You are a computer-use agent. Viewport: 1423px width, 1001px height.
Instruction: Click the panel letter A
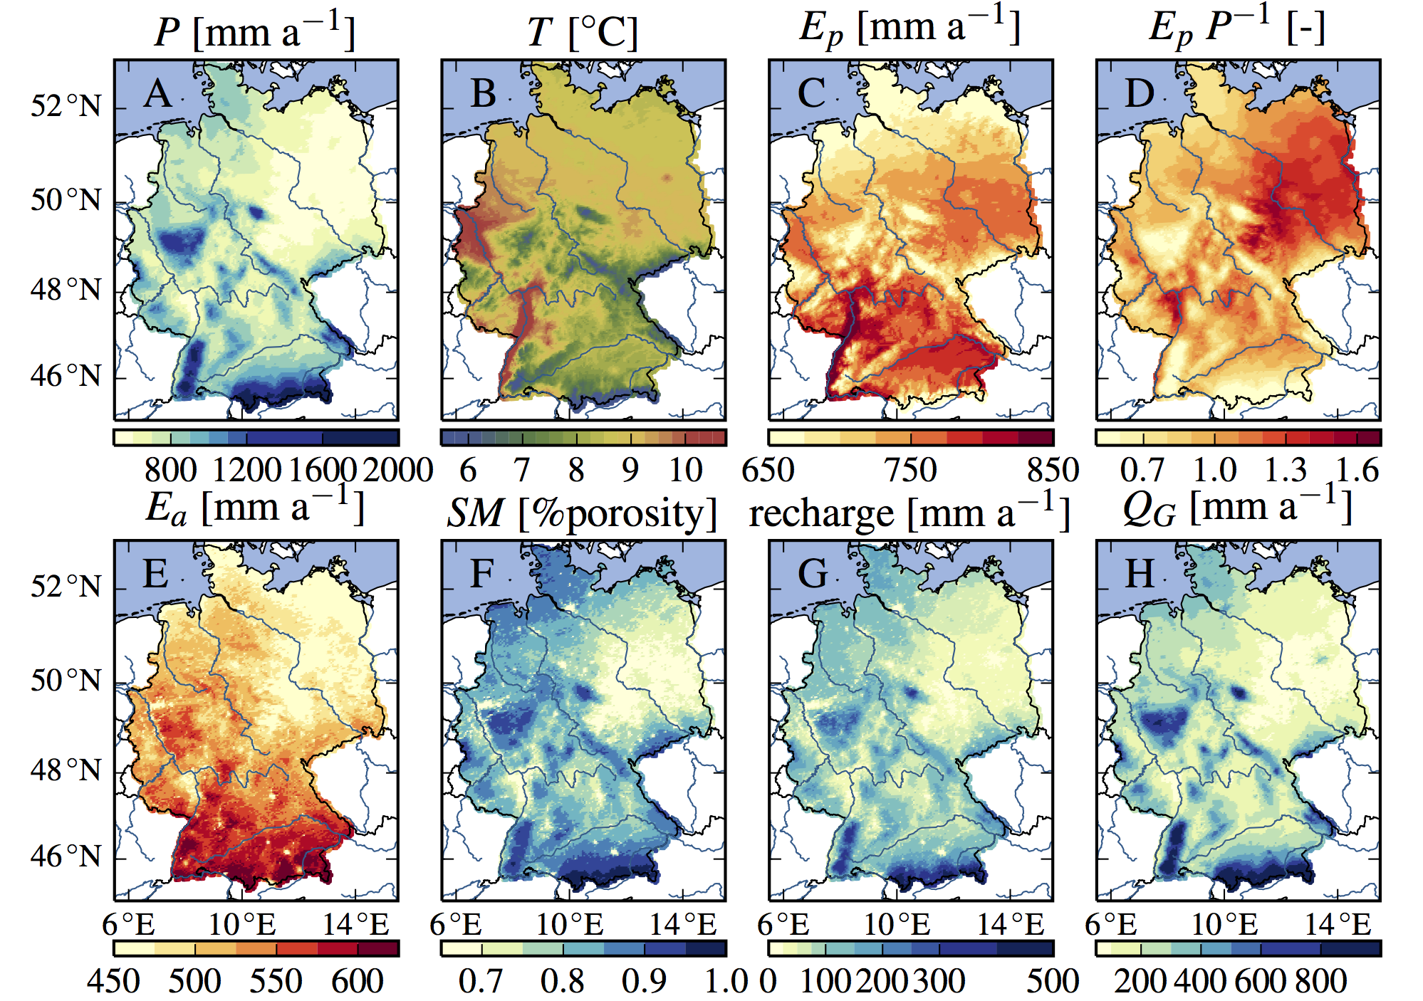click(157, 94)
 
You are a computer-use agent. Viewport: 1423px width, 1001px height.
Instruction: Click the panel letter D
click(1140, 94)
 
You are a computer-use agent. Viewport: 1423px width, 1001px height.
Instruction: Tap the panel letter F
click(483, 574)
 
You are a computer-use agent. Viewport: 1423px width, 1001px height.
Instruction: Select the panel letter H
click(1140, 574)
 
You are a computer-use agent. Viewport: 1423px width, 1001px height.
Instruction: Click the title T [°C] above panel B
click(583, 32)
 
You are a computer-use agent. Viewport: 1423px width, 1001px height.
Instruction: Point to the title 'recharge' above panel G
click(821, 513)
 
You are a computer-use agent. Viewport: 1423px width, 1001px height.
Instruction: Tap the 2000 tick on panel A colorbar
click(397, 470)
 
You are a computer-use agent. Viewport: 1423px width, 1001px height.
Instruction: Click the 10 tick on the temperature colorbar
click(685, 470)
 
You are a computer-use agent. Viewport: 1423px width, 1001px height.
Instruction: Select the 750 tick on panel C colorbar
click(910, 470)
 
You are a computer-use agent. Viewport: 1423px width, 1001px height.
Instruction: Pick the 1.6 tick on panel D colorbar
click(1357, 470)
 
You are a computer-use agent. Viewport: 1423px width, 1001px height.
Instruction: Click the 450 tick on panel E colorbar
click(114, 981)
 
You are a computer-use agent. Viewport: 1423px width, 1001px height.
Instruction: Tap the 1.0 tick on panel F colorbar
click(726, 981)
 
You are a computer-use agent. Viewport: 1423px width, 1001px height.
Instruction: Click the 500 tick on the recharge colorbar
click(1052, 981)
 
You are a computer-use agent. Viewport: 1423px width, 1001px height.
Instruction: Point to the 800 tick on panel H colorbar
click(1320, 981)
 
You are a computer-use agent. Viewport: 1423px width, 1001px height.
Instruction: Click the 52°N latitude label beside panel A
click(66, 106)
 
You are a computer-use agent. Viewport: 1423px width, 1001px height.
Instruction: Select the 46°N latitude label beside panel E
click(66, 856)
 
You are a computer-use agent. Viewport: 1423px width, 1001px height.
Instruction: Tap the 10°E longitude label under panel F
click(570, 925)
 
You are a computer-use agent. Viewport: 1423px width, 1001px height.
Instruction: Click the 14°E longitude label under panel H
click(1338, 925)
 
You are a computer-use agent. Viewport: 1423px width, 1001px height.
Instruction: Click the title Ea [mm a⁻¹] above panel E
click(255, 508)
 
